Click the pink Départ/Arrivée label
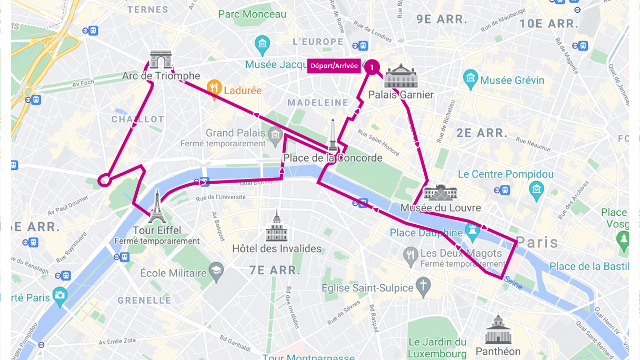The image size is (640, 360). [334, 66]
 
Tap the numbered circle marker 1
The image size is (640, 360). [372, 67]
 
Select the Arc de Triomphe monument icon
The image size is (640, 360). [161, 60]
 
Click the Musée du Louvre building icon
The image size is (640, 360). [441, 193]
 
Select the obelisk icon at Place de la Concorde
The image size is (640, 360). [333, 135]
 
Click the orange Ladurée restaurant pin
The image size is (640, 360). [214, 89]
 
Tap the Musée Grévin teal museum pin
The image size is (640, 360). [470, 79]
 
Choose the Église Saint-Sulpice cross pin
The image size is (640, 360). [423, 287]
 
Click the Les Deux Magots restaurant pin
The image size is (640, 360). [411, 255]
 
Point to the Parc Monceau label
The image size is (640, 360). [252, 14]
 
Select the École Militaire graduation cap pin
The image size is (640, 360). [216, 272]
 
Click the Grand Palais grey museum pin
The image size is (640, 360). [274, 135]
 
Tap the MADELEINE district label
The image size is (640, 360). [318, 102]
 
